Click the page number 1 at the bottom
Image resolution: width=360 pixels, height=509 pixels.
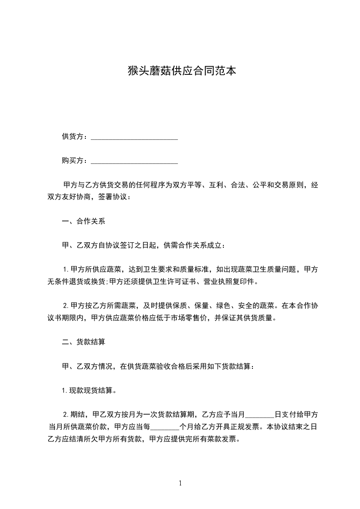click(x=180, y=483)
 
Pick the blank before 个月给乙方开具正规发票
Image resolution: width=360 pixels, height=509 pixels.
click(x=165, y=427)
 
